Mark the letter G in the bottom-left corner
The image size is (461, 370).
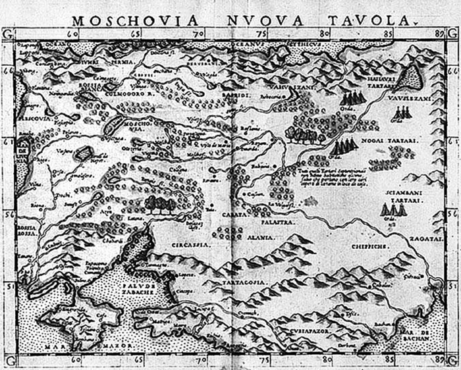click(7, 361)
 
